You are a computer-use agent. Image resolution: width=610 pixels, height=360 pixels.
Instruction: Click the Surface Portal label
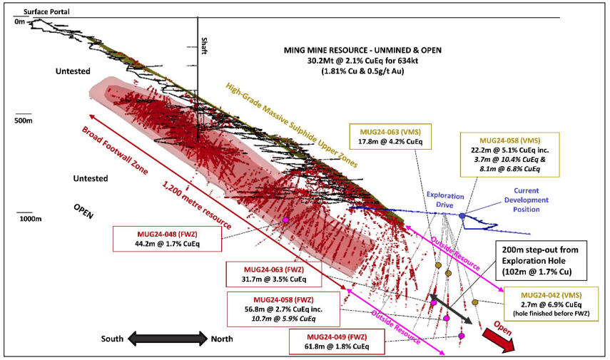click(46, 11)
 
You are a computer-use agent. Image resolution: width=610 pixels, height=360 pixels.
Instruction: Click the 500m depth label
click(24, 120)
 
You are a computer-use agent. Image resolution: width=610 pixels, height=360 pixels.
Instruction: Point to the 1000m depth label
click(31, 219)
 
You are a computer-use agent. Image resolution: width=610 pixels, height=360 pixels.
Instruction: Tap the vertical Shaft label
click(204, 46)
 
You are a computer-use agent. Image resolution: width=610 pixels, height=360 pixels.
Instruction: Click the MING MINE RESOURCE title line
click(362, 50)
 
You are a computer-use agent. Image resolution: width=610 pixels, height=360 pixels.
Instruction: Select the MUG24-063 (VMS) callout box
click(390, 136)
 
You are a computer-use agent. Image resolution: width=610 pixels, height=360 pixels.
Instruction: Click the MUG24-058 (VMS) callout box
click(509, 155)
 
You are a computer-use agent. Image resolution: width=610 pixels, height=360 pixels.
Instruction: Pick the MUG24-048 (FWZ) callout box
click(167, 239)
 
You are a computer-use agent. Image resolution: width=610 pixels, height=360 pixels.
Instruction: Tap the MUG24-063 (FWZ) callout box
click(274, 274)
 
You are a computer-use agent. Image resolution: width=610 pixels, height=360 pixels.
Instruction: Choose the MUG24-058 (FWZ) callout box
click(283, 309)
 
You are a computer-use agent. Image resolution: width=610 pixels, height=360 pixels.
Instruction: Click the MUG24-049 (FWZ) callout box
click(337, 341)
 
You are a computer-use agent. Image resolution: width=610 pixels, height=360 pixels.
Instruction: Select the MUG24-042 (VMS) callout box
click(551, 304)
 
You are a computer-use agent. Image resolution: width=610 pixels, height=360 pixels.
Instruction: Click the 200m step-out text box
click(540, 260)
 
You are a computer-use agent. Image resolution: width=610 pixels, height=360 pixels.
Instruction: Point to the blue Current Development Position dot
click(462, 215)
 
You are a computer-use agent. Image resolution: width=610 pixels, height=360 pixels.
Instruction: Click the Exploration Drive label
click(445, 200)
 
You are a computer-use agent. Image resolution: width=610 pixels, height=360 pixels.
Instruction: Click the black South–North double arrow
click(168, 339)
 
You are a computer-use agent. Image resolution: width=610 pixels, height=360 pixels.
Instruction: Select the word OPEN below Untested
click(83, 211)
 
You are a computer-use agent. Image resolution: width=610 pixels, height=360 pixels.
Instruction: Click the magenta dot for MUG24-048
click(285, 220)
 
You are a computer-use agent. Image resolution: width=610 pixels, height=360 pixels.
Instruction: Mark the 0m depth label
click(19, 22)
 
